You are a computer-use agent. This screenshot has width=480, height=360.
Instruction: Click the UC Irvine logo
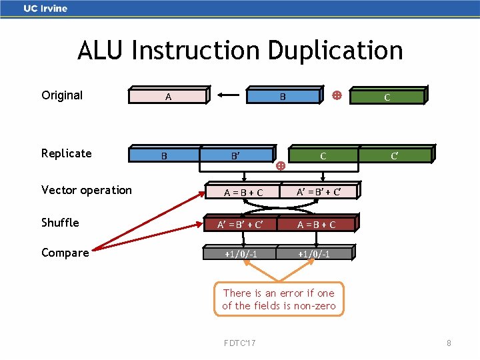[45, 9]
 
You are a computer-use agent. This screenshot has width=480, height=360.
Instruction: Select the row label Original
[62, 95]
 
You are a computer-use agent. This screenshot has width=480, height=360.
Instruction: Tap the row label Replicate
[66, 153]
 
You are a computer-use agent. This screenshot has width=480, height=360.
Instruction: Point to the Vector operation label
[87, 190]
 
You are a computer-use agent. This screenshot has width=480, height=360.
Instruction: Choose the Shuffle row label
[60, 223]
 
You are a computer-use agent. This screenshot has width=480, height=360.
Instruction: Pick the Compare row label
[65, 253]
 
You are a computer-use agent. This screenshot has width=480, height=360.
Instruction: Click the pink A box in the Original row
[168, 97]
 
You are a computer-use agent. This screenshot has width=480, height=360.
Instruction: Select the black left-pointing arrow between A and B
[227, 96]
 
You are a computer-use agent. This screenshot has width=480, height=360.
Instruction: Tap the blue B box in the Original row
[283, 97]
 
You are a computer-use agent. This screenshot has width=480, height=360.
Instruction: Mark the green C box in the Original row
[387, 97]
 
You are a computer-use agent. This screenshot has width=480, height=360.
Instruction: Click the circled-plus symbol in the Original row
[337, 96]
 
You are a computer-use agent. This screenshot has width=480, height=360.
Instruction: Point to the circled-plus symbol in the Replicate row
[281, 165]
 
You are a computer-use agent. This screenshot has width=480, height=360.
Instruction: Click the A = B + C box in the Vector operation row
[243, 193]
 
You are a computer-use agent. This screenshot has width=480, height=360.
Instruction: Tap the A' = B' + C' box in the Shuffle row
[239, 225]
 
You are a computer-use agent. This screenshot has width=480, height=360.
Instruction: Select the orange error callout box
[279, 299]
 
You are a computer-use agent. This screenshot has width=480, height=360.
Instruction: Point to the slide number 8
[449, 343]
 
